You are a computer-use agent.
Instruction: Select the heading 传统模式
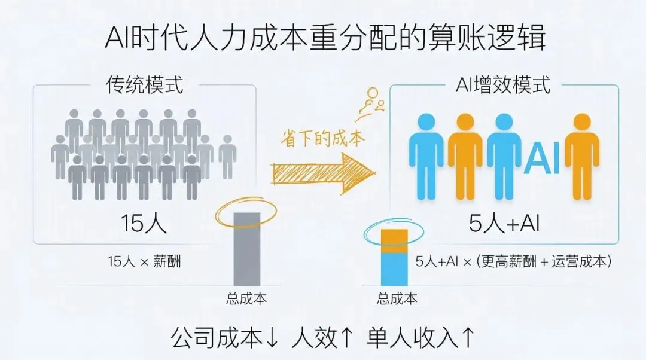pyautogui.click(x=144, y=84)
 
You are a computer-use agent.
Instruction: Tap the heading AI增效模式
pyautogui.click(x=504, y=84)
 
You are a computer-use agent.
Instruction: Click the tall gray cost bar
pyautogui.click(x=246, y=249)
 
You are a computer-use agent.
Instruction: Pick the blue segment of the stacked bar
pyautogui.click(x=394, y=270)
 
